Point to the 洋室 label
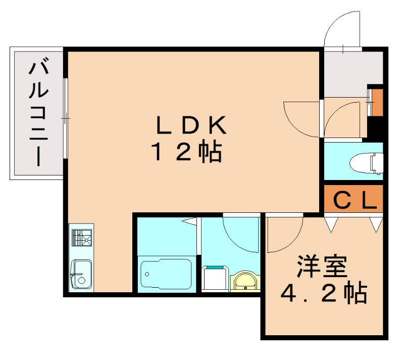pos(323,266)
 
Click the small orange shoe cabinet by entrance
pos(377,102)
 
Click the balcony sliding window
pos(66,118)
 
